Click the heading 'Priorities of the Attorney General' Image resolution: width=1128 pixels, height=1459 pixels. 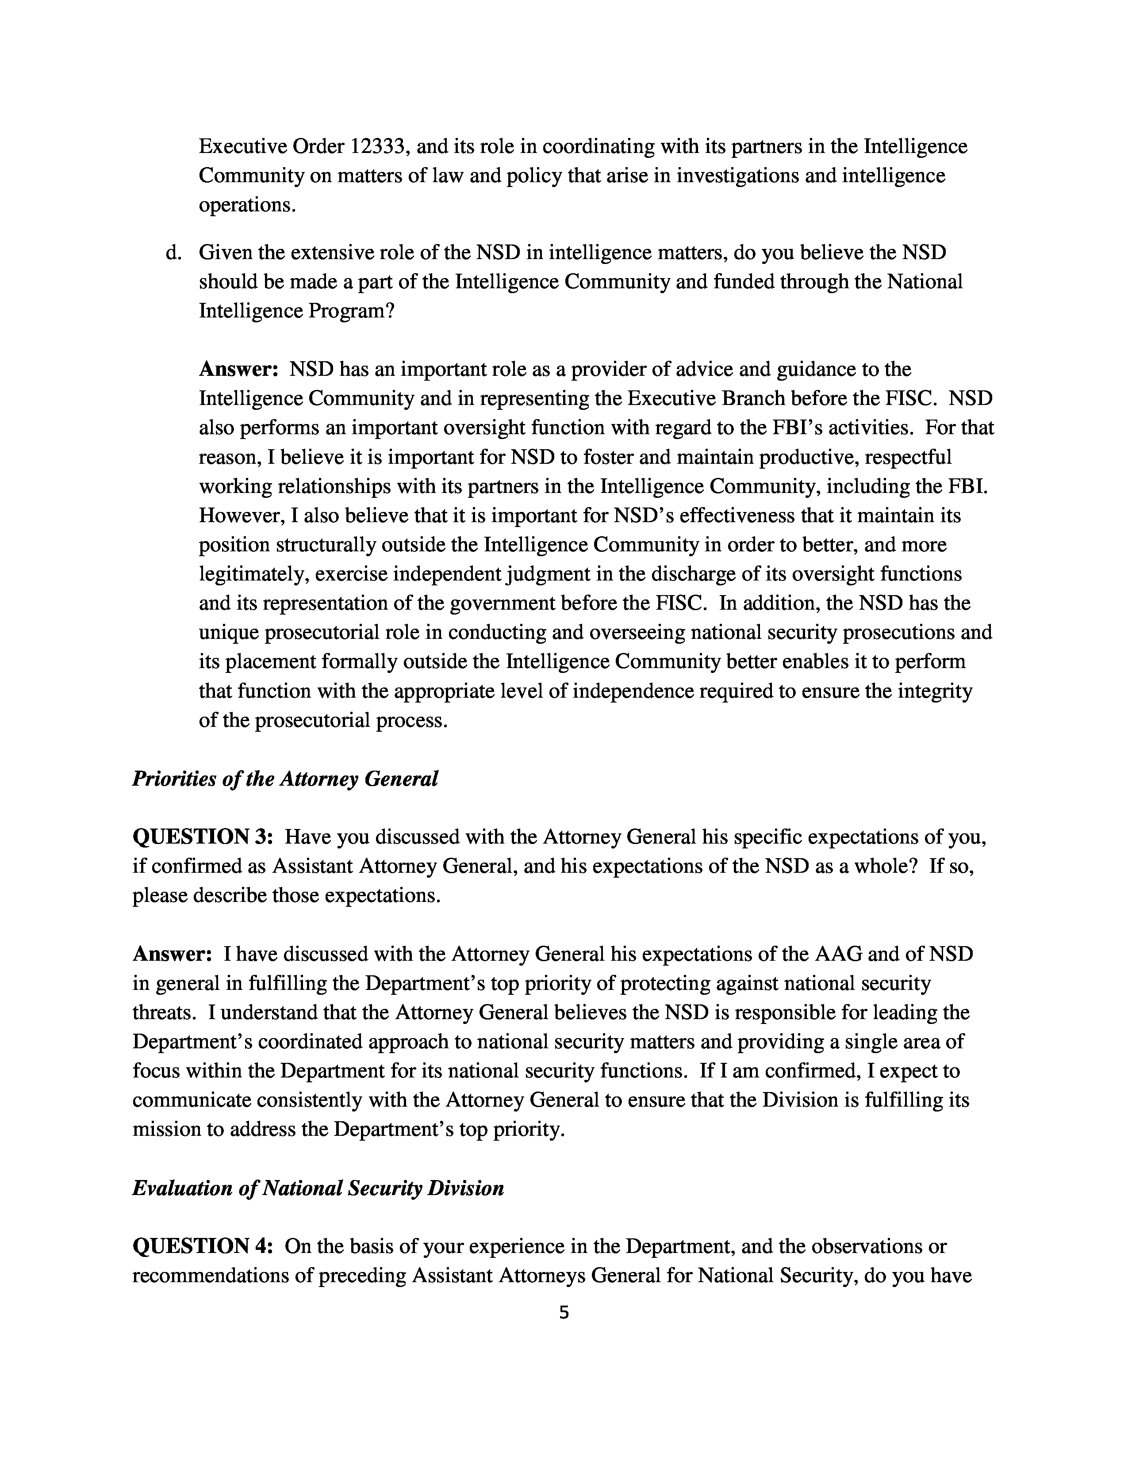tap(285, 779)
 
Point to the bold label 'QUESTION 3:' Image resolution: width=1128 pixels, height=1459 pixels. tap(203, 837)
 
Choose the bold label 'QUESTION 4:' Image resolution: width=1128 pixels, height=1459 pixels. tap(203, 1247)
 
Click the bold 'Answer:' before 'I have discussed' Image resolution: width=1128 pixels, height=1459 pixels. tap(173, 954)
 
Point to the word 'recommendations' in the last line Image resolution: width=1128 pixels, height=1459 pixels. tap(223, 1276)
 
